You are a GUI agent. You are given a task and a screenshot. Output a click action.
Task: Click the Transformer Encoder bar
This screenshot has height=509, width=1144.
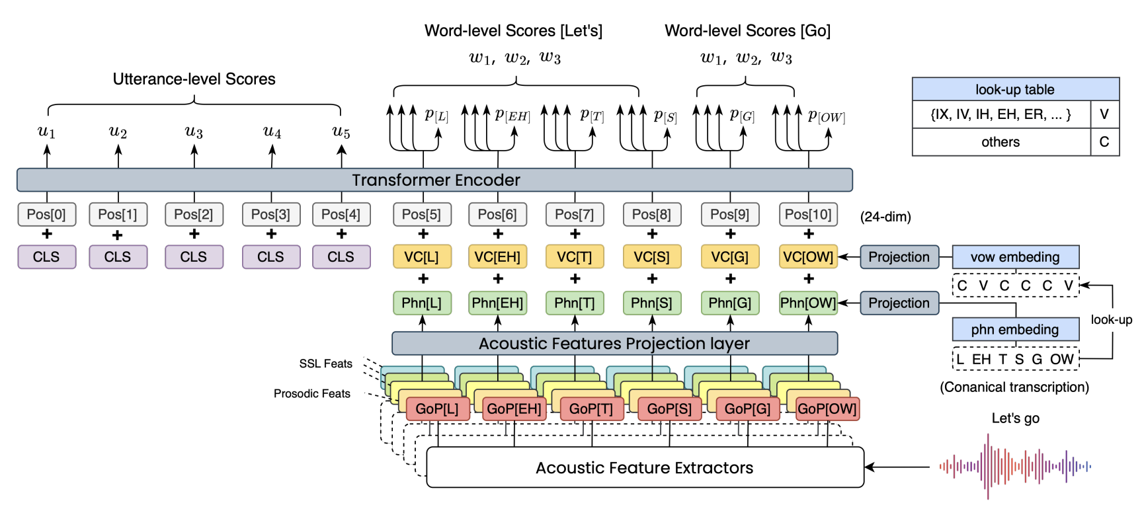pos(434,180)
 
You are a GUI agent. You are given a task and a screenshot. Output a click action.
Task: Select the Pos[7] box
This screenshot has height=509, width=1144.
pos(574,214)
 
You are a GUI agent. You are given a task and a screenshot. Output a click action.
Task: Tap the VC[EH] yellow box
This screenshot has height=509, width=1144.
pos(497,256)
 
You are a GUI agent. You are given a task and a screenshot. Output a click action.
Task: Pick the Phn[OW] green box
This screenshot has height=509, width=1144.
pos(808,303)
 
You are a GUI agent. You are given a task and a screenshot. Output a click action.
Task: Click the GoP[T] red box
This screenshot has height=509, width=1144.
pos(591,409)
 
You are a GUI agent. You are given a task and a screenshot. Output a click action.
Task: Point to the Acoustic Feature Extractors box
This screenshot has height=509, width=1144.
pos(645,467)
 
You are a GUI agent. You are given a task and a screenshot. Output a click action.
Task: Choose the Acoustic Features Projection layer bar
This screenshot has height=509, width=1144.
pos(614,343)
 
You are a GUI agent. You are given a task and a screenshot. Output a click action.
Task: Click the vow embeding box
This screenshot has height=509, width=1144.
pos(1015,256)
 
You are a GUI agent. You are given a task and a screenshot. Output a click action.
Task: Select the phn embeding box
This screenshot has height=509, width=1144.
pos(1015,329)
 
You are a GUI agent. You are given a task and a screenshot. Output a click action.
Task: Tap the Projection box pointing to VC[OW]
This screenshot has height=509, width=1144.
pos(899,256)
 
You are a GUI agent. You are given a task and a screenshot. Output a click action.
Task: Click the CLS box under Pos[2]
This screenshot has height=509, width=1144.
pos(194,256)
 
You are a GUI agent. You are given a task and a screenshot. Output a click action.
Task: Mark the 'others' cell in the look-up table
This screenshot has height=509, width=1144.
pos(1001,142)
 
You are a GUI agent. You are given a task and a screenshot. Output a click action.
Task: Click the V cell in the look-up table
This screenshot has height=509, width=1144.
pos(1104,114)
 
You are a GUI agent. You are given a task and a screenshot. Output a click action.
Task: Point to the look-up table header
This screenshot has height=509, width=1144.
pos(1015,89)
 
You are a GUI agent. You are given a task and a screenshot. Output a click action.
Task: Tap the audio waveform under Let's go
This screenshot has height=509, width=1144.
pos(1015,466)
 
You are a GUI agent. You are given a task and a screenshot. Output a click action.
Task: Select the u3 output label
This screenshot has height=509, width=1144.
pos(194,132)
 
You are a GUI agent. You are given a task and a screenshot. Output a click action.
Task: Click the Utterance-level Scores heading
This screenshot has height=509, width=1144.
pos(194,79)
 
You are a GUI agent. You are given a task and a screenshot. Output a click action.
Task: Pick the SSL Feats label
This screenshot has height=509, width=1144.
pos(325,364)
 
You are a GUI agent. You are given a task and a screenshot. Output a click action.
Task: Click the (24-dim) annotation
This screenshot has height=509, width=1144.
pos(885,217)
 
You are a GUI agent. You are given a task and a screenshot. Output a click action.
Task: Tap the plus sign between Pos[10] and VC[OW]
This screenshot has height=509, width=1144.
pos(809,234)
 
